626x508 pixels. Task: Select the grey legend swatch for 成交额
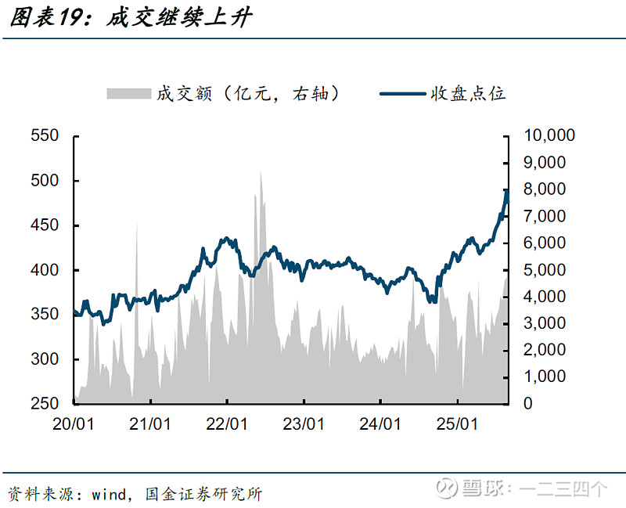(128, 93)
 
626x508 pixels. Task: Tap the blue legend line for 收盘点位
(403, 93)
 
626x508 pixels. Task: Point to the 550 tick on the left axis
(45, 136)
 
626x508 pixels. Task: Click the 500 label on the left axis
(45, 181)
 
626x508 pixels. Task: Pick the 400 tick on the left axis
(45, 270)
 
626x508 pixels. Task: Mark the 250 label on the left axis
(45, 404)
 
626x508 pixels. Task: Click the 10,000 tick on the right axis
(549, 136)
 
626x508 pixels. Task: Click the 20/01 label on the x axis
(74, 424)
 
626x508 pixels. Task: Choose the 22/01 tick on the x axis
(227, 424)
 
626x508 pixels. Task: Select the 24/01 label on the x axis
(380, 424)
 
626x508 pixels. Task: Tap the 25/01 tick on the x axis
(457, 424)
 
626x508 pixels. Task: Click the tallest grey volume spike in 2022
(261, 174)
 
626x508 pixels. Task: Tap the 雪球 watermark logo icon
(447, 488)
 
